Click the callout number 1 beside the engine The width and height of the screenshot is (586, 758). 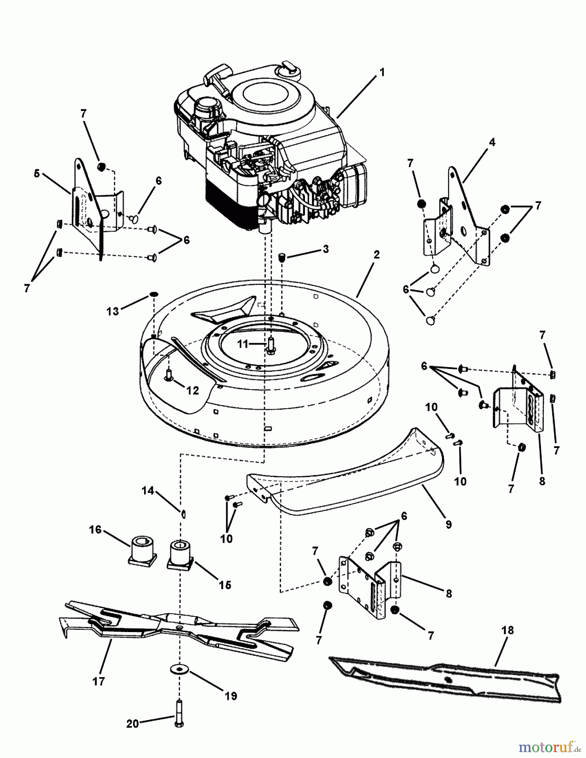[382, 72]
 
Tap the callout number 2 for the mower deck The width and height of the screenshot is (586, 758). [376, 254]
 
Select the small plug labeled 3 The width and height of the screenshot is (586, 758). [283, 258]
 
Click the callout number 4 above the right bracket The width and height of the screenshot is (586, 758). [492, 142]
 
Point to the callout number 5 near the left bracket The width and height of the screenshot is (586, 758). [37, 173]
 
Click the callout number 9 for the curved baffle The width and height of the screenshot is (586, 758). [448, 524]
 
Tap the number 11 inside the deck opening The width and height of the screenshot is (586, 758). [242, 344]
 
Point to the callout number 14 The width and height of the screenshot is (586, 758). [147, 491]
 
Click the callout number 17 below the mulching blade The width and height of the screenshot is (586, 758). [99, 681]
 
